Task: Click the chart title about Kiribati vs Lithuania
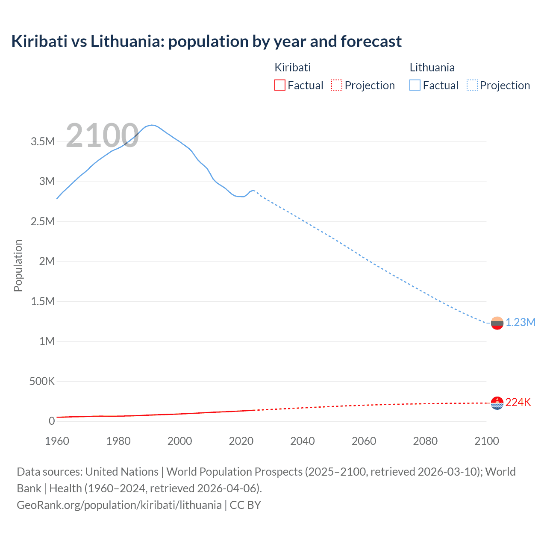(x=206, y=41)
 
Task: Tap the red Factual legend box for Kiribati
(x=279, y=85)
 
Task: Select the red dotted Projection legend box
(x=337, y=85)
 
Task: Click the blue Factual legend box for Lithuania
(x=415, y=85)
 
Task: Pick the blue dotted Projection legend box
(x=472, y=85)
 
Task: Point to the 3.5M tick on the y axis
(x=43, y=142)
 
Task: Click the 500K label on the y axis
(x=42, y=381)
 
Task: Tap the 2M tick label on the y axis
(x=47, y=262)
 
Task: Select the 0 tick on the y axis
(x=52, y=421)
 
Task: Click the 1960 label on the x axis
(x=57, y=441)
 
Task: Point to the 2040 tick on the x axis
(x=303, y=441)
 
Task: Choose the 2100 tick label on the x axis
(x=486, y=441)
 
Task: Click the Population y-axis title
(x=18, y=265)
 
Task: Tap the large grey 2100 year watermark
(x=102, y=136)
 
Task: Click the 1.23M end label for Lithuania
(x=520, y=323)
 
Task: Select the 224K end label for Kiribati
(x=518, y=403)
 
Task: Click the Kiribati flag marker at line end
(x=497, y=403)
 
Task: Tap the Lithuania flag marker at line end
(x=497, y=323)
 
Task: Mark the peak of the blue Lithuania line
(x=152, y=125)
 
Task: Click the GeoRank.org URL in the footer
(x=119, y=505)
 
